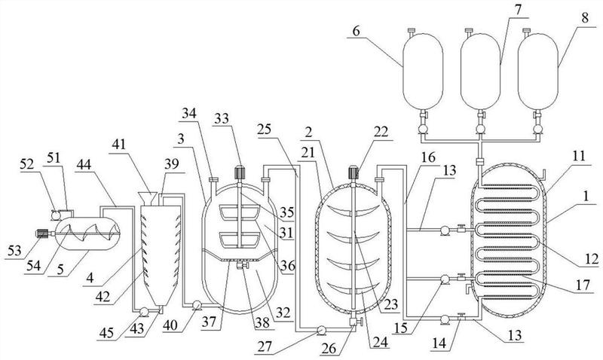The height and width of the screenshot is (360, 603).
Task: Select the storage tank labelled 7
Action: tap(480, 61)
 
